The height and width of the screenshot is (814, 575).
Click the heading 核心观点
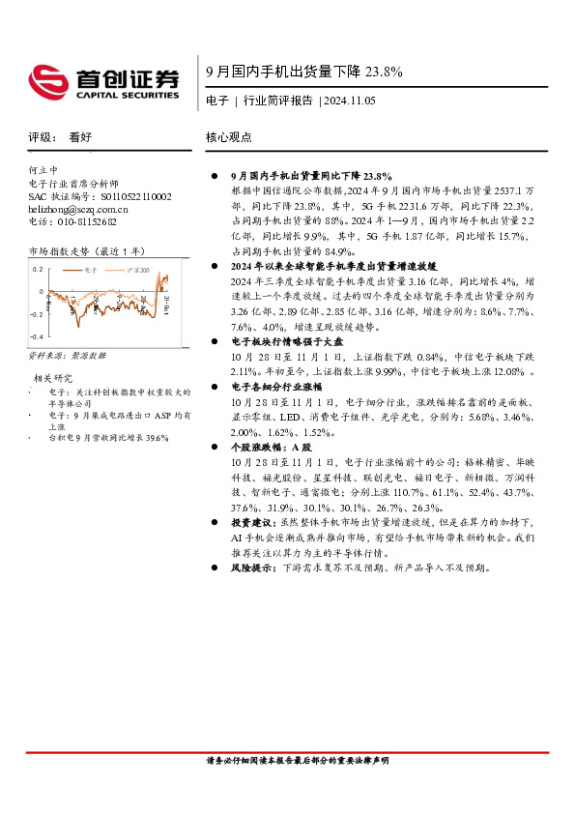229,137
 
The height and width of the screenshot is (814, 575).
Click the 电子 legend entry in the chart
93,270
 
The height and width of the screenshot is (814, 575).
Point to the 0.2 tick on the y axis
38,269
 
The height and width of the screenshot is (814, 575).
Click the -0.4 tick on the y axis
36,335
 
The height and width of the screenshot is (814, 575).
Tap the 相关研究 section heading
52,377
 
